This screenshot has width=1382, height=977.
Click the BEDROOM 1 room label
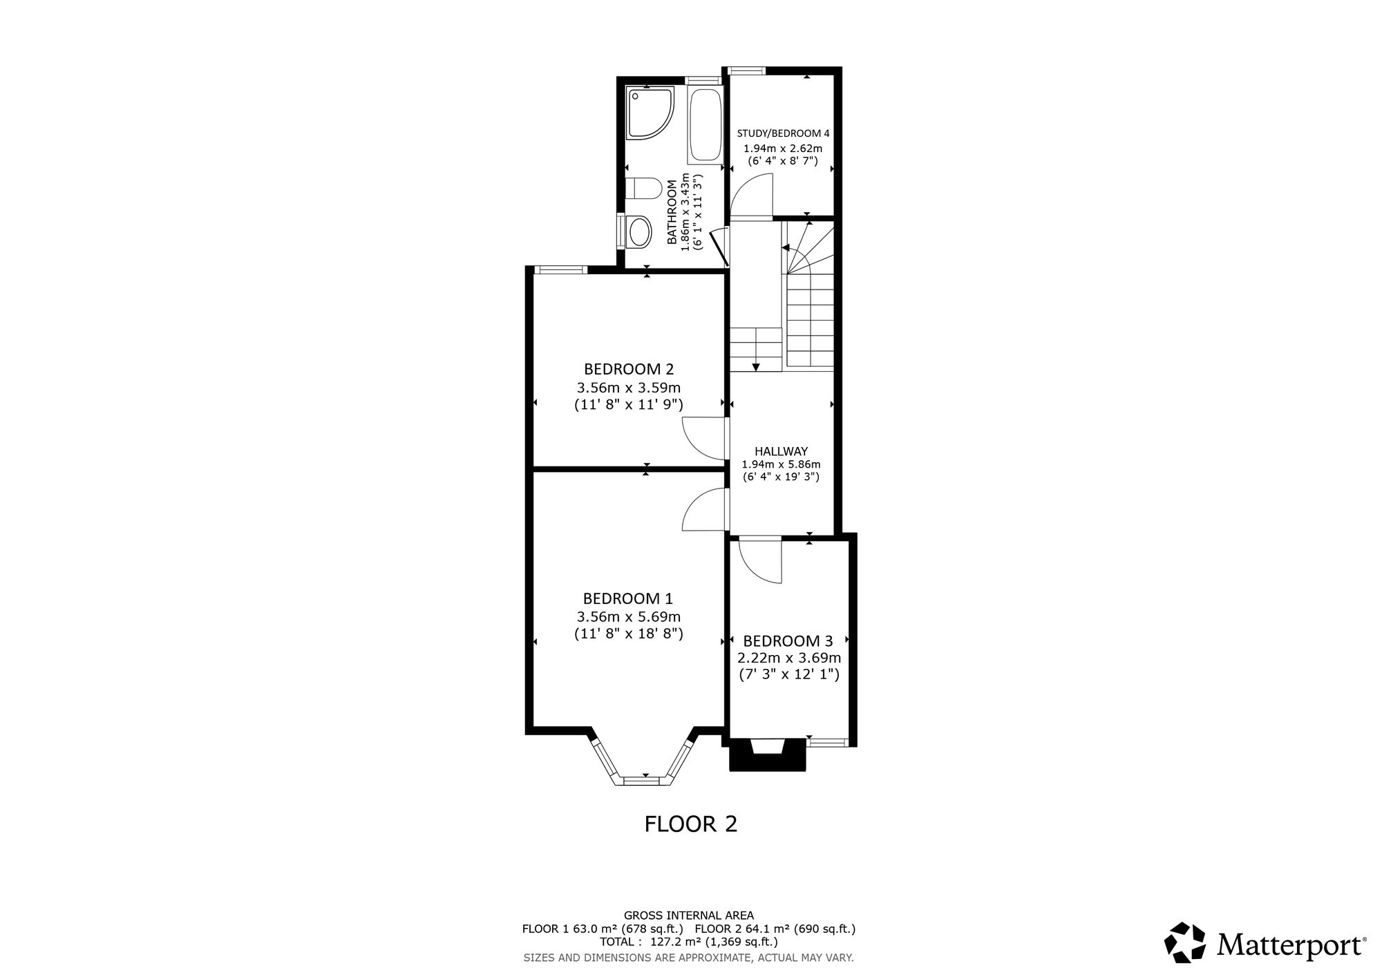click(x=628, y=598)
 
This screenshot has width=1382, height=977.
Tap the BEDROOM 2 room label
click(x=629, y=369)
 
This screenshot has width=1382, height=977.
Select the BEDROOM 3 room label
click(x=788, y=641)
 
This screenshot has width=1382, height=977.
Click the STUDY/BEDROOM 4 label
click(x=783, y=133)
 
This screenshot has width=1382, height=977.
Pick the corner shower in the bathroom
click(x=650, y=113)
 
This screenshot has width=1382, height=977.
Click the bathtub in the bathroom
click(x=705, y=125)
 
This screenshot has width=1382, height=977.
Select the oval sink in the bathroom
click(x=638, y=231)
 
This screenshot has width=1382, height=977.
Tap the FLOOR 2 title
click(x=691, y=824)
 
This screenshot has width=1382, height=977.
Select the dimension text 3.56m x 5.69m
click(x=629, y=616)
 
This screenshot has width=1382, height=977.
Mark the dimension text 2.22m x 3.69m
click(x=789, y=658)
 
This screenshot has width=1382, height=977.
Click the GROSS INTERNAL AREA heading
click(x=689, y=916)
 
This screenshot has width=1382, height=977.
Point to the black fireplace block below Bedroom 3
click(x=768, y=755)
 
